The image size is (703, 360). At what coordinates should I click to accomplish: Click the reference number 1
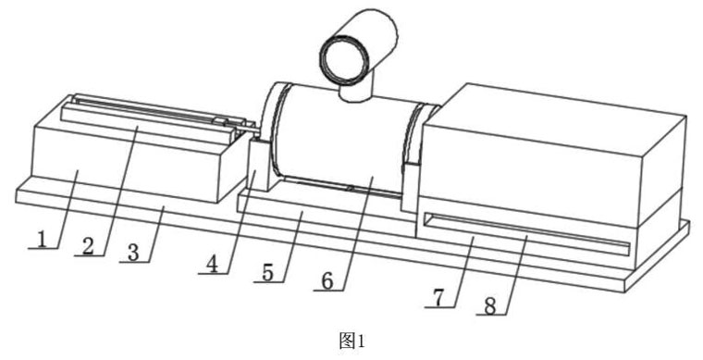coord(42,240)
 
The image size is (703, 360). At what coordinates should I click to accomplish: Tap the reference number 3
coord(133,254)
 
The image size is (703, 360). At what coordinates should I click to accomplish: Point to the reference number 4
coord(212,266)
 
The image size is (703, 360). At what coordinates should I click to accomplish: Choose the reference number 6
coord(327,281)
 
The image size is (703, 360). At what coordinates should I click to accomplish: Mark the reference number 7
coord(439,298)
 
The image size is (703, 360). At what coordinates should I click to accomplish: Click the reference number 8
coord(490,306)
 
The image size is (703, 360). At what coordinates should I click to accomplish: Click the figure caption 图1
coord(351,341)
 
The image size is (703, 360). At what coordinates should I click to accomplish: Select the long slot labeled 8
coord(526,230)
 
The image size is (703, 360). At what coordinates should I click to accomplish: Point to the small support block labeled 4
coord(259,165)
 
